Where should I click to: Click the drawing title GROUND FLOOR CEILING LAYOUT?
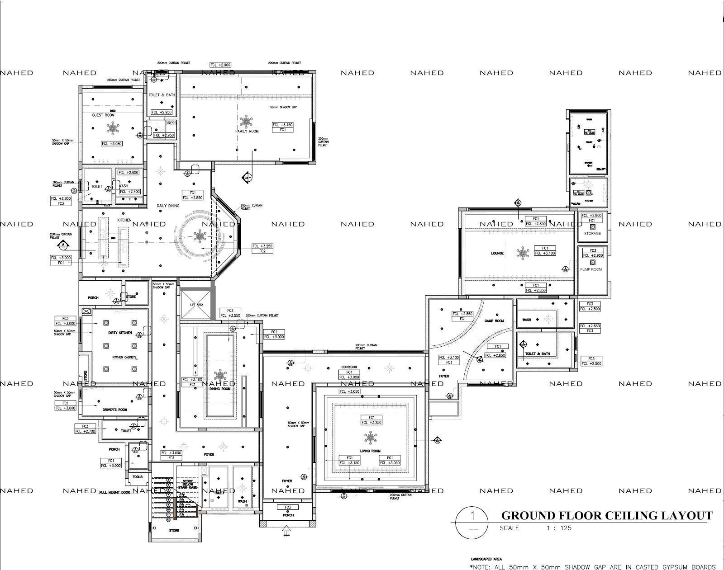pyautogui.click(x=606, y=515)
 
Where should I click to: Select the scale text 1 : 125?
pyautogui.click(x=559, y=528)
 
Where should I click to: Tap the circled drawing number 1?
pyautogui.click(x=472, y=516)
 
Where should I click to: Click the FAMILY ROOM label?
pyautogui.click(x=247, y=131)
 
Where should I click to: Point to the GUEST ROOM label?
pyautogui.click(x=103, y=115)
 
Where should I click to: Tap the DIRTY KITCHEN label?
pyautogui.click(x=120, y=333)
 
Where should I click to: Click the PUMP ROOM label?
pyautogui.click(x=591, y=269)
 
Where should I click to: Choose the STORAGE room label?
pyautogui.click(x=592, y=233)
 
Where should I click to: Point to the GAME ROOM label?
pyautogui.click(x=494, y=321)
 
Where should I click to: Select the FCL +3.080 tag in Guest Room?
pyautogui.click(x=112, y=143)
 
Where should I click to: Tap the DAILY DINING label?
pyautogui.click(x=168, y=206)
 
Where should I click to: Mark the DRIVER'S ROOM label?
pyautogui.click(x=115, y=410)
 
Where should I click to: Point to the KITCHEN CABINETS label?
pyautogui.click(x=124, y=358)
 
